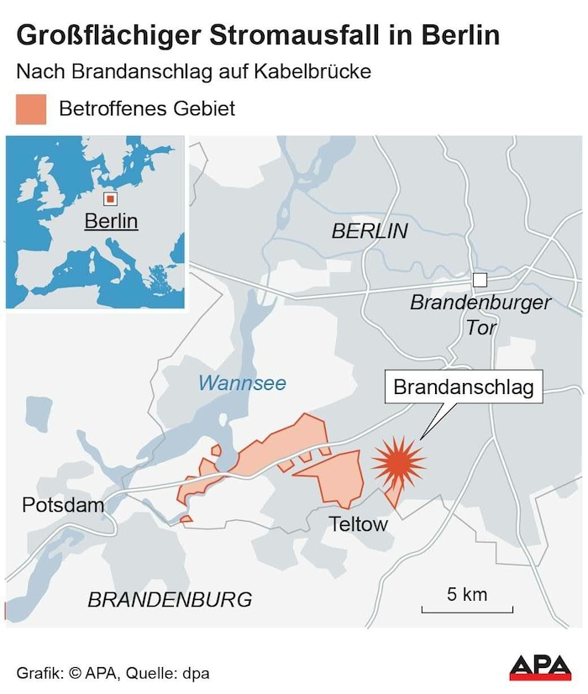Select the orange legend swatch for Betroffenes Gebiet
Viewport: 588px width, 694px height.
tap(31, 109)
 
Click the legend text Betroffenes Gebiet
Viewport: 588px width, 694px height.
tap(147, 108)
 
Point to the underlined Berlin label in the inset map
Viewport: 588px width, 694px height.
tap(111, 221)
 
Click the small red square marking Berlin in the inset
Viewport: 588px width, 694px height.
tap(109, 199)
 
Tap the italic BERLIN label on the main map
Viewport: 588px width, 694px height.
tap(370, 231)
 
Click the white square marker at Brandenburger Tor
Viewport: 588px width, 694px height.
tap(480, 280)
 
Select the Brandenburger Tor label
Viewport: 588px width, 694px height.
tap(480, 314)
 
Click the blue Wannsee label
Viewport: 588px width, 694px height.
tap(242, 383)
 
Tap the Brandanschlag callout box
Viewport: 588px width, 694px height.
tap(464, 387)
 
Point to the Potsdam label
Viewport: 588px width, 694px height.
tap(63, 505)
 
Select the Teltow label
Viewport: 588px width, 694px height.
tap(359, 524)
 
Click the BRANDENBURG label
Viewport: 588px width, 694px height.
tap(170, 599)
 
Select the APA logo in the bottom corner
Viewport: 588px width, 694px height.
tap(540, 667)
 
